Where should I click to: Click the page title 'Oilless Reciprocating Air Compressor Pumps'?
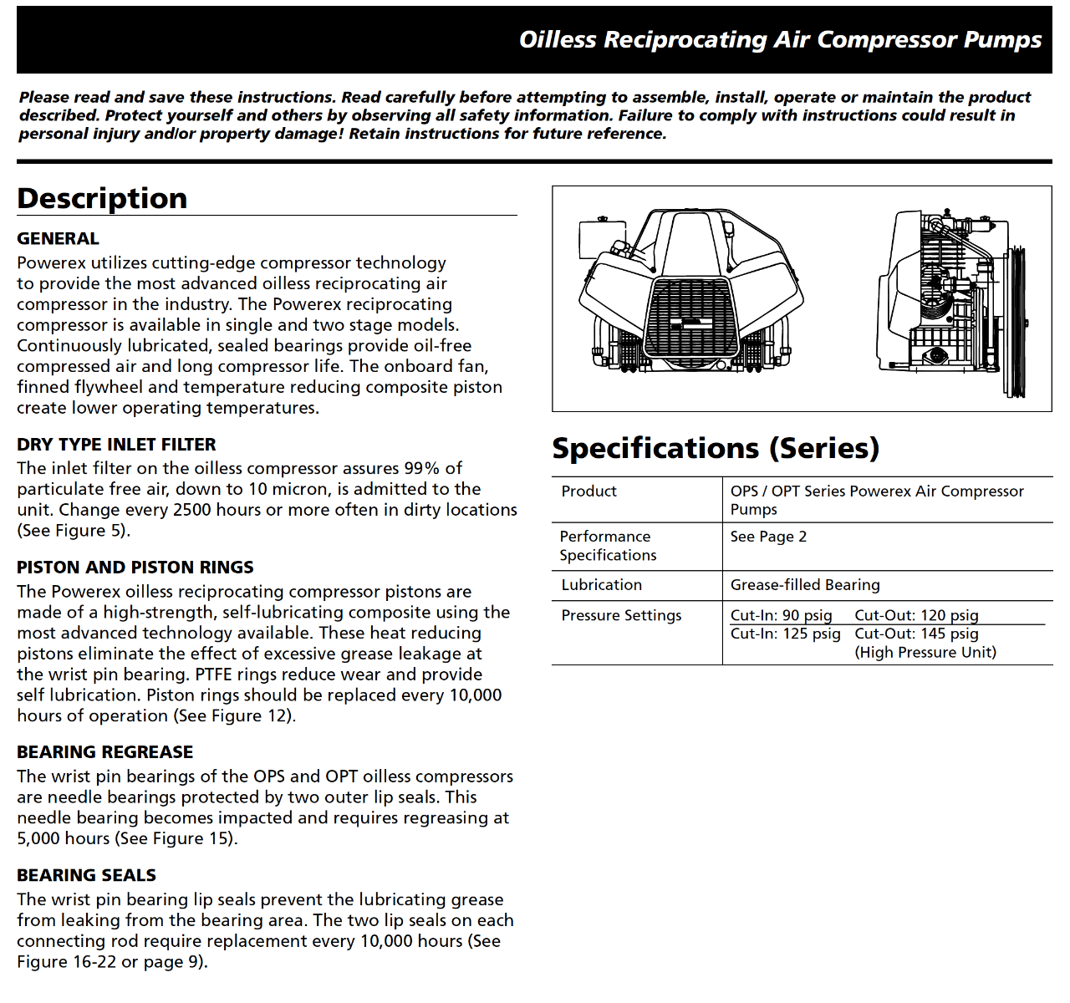780,40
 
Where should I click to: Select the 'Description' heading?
102,199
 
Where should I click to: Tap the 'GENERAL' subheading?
58,239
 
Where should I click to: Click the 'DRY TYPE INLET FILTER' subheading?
116,445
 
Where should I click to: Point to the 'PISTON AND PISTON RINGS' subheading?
135,568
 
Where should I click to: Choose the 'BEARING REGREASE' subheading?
104,752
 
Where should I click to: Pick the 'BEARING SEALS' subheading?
86,875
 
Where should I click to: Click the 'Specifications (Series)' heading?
716,449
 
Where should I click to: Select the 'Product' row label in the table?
588,491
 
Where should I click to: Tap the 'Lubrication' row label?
601,585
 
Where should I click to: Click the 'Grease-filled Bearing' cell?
805,585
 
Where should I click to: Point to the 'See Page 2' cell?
768,537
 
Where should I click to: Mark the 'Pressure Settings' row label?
621,615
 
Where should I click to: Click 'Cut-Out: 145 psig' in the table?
916,634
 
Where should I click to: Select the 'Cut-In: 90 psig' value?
781,615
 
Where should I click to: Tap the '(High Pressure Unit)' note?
925,652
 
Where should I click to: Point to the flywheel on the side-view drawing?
1017,322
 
